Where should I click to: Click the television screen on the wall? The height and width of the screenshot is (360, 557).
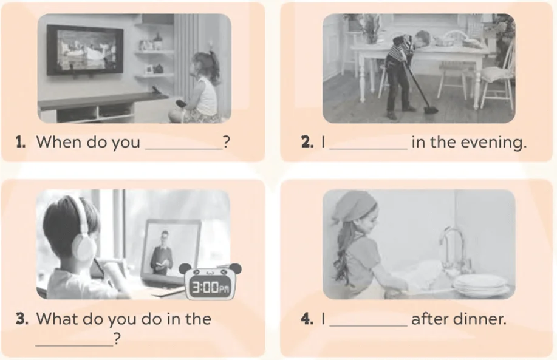click(85, 50)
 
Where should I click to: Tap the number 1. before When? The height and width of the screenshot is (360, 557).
click(21, 142)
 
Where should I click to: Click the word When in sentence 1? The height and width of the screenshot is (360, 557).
click(59, 141)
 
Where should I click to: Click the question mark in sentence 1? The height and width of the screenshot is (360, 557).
click(227, 142)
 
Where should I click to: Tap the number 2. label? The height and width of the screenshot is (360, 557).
click(307, 142)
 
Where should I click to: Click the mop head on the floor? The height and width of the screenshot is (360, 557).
click(430, 109)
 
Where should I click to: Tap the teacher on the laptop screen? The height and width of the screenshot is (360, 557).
click(162, 253)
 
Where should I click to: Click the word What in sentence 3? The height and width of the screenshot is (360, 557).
click(57, 319)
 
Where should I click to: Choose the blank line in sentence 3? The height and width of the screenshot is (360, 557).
click(74, 345)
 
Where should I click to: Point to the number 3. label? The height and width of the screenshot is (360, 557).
click(22, 319)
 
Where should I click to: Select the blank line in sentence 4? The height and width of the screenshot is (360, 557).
click(368, 325)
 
